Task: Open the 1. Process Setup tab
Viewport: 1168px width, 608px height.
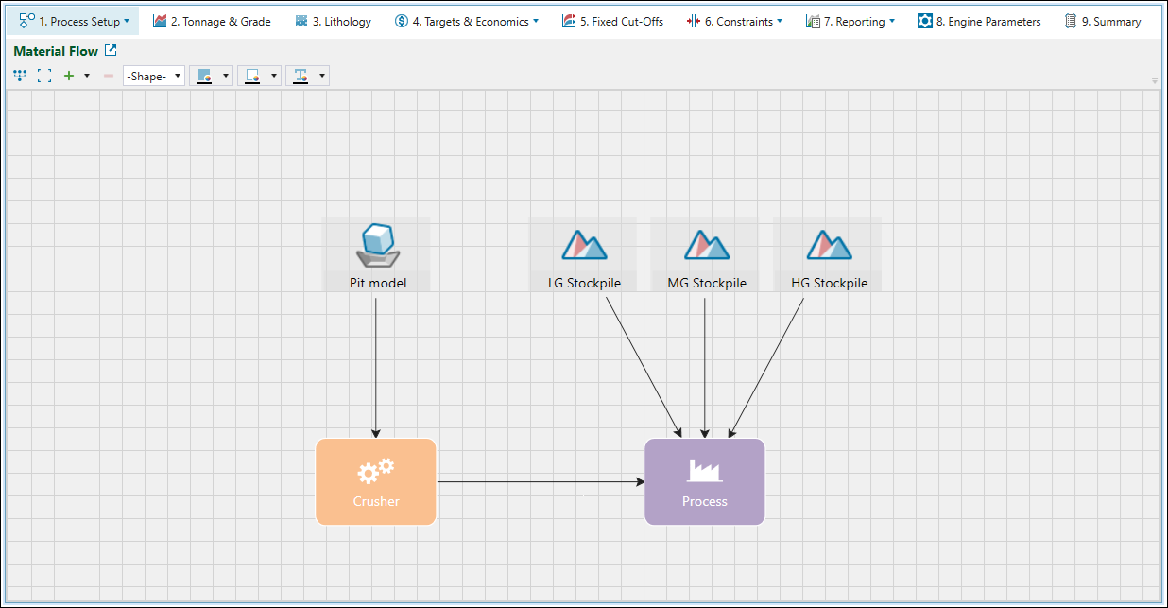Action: click(x=75, y=22)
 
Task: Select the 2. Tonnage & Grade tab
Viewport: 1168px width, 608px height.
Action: click(x=212, y=22)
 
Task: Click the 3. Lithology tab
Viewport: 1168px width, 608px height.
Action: click(x=333, y=22)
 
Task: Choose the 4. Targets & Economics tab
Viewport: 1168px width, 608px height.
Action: click(x=466, y=22)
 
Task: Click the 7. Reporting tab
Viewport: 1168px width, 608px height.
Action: click(x=850, y=22)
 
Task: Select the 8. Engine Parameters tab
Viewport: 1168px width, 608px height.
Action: click(x=979, y=22)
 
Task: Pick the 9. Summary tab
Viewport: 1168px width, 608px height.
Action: click(x=1103, y=22)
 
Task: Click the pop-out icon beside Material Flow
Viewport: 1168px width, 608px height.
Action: click(x=111, y=51)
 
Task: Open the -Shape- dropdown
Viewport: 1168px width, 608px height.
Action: click(x=154, y=76)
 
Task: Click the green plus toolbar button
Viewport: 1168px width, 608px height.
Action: click(x=68, y=76)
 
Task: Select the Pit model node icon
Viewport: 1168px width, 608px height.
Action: click(x=376, y=245)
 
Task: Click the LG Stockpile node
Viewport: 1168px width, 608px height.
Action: click(x=584, y=253)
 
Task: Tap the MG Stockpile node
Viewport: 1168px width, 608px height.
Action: click(x=706, y=253)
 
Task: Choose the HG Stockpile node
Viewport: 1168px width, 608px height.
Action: click(x=828, y=253)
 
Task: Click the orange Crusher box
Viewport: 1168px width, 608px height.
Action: click(x=376, y=481)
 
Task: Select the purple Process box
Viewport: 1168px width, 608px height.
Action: click(x=705, y=481)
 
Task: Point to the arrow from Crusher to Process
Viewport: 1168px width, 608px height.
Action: click(x=539, y=481)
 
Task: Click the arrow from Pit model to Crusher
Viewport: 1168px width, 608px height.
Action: click(x=376, y=369)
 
